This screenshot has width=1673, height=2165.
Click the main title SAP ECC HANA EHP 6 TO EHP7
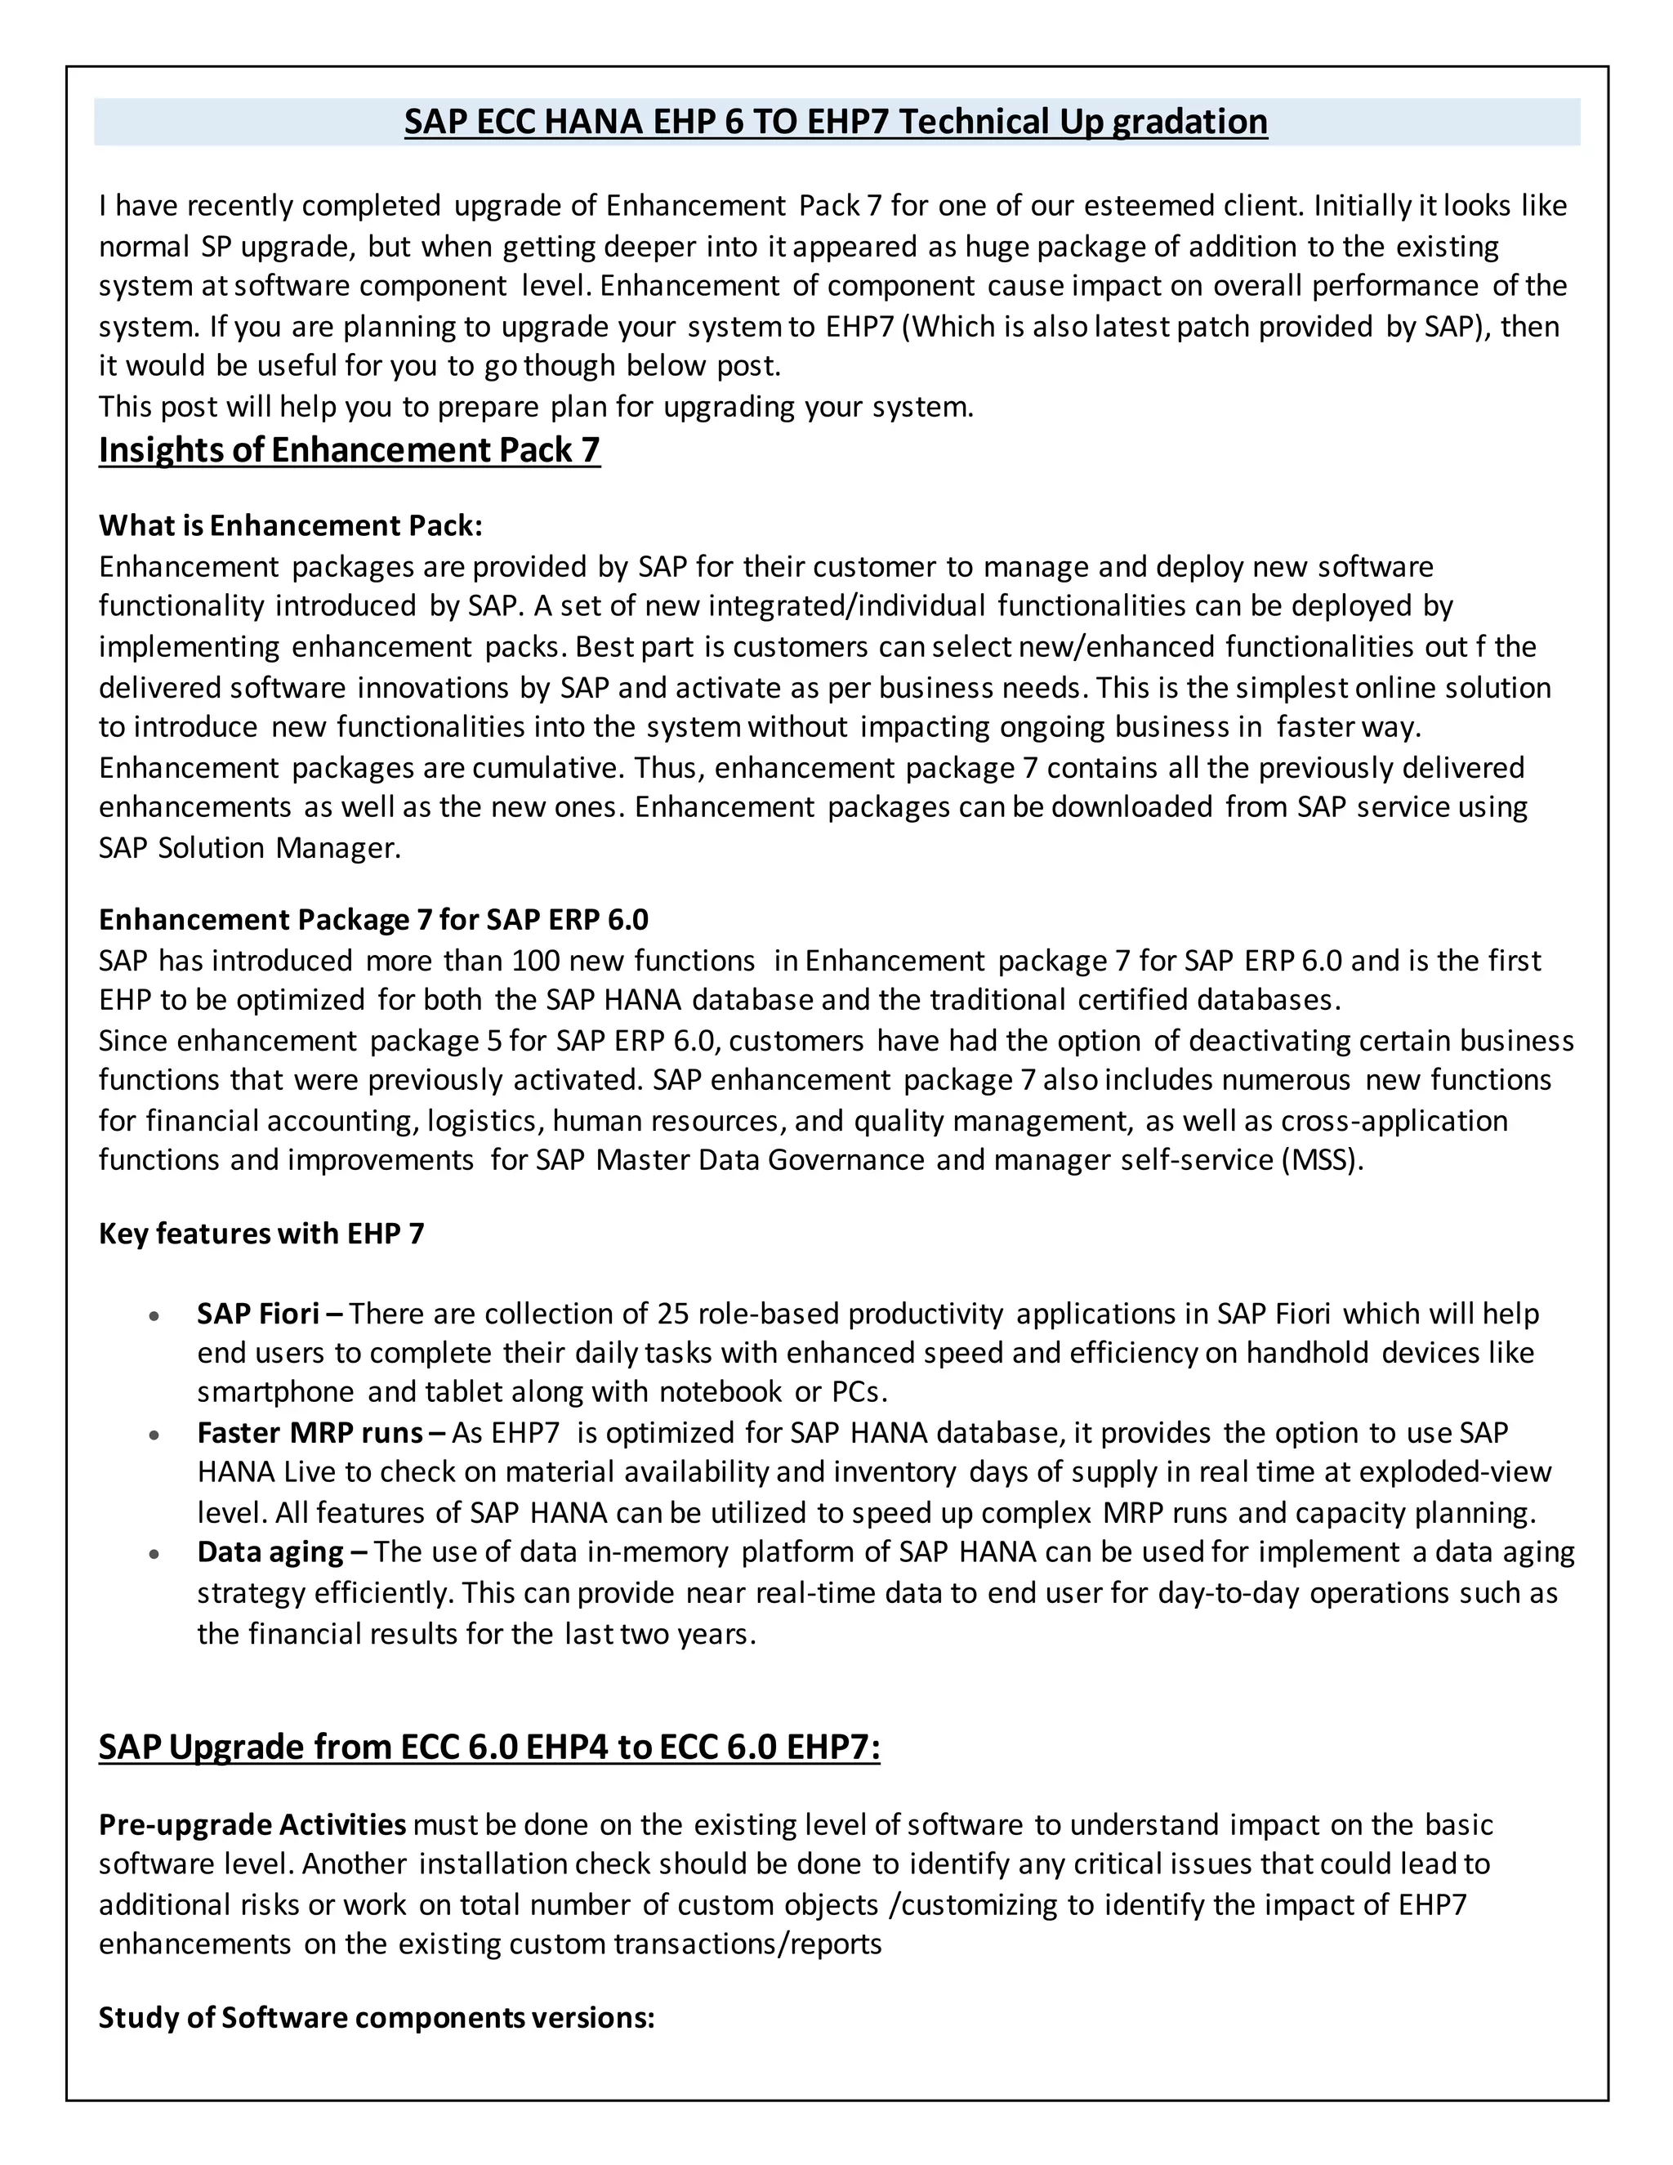(836, 122)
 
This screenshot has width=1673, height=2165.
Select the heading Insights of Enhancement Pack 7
(349, 450)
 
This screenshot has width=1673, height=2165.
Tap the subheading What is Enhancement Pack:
(290, 525)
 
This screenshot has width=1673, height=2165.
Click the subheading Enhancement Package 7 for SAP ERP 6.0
(373, 920)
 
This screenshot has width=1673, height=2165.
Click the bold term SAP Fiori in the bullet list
(257, 1314)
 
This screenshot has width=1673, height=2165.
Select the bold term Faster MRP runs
(310, 1432)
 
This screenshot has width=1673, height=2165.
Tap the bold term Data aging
(270, 1551)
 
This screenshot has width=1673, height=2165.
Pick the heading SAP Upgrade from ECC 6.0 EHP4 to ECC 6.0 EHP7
(489, 1747)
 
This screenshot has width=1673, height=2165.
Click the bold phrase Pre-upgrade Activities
(252, 1824)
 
